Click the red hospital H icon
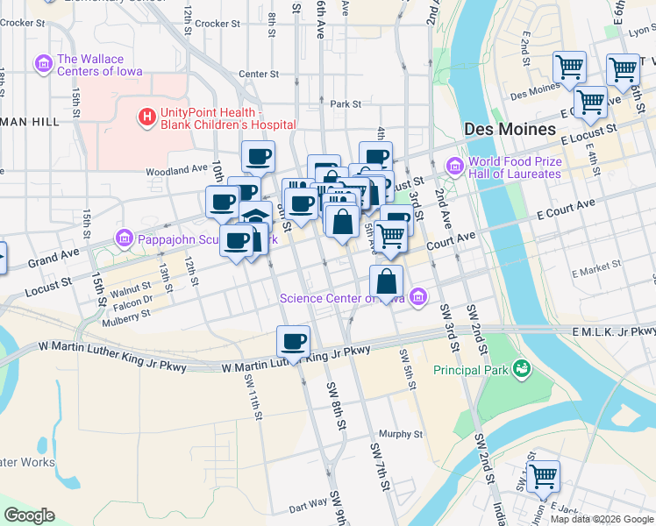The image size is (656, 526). click(x=146, y=115)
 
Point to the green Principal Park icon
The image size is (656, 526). click(x=523, y=369)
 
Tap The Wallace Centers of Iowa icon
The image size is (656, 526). click(x=42, y=64)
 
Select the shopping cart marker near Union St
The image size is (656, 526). click(x=543, y=477)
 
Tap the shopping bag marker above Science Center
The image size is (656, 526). click(x=386, y=282)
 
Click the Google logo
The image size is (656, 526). click(x=30, y=515)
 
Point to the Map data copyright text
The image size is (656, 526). click(x=602, y=519)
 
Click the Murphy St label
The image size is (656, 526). click(x=401, y=434)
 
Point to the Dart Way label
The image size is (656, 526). click(x=308, y=506)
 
